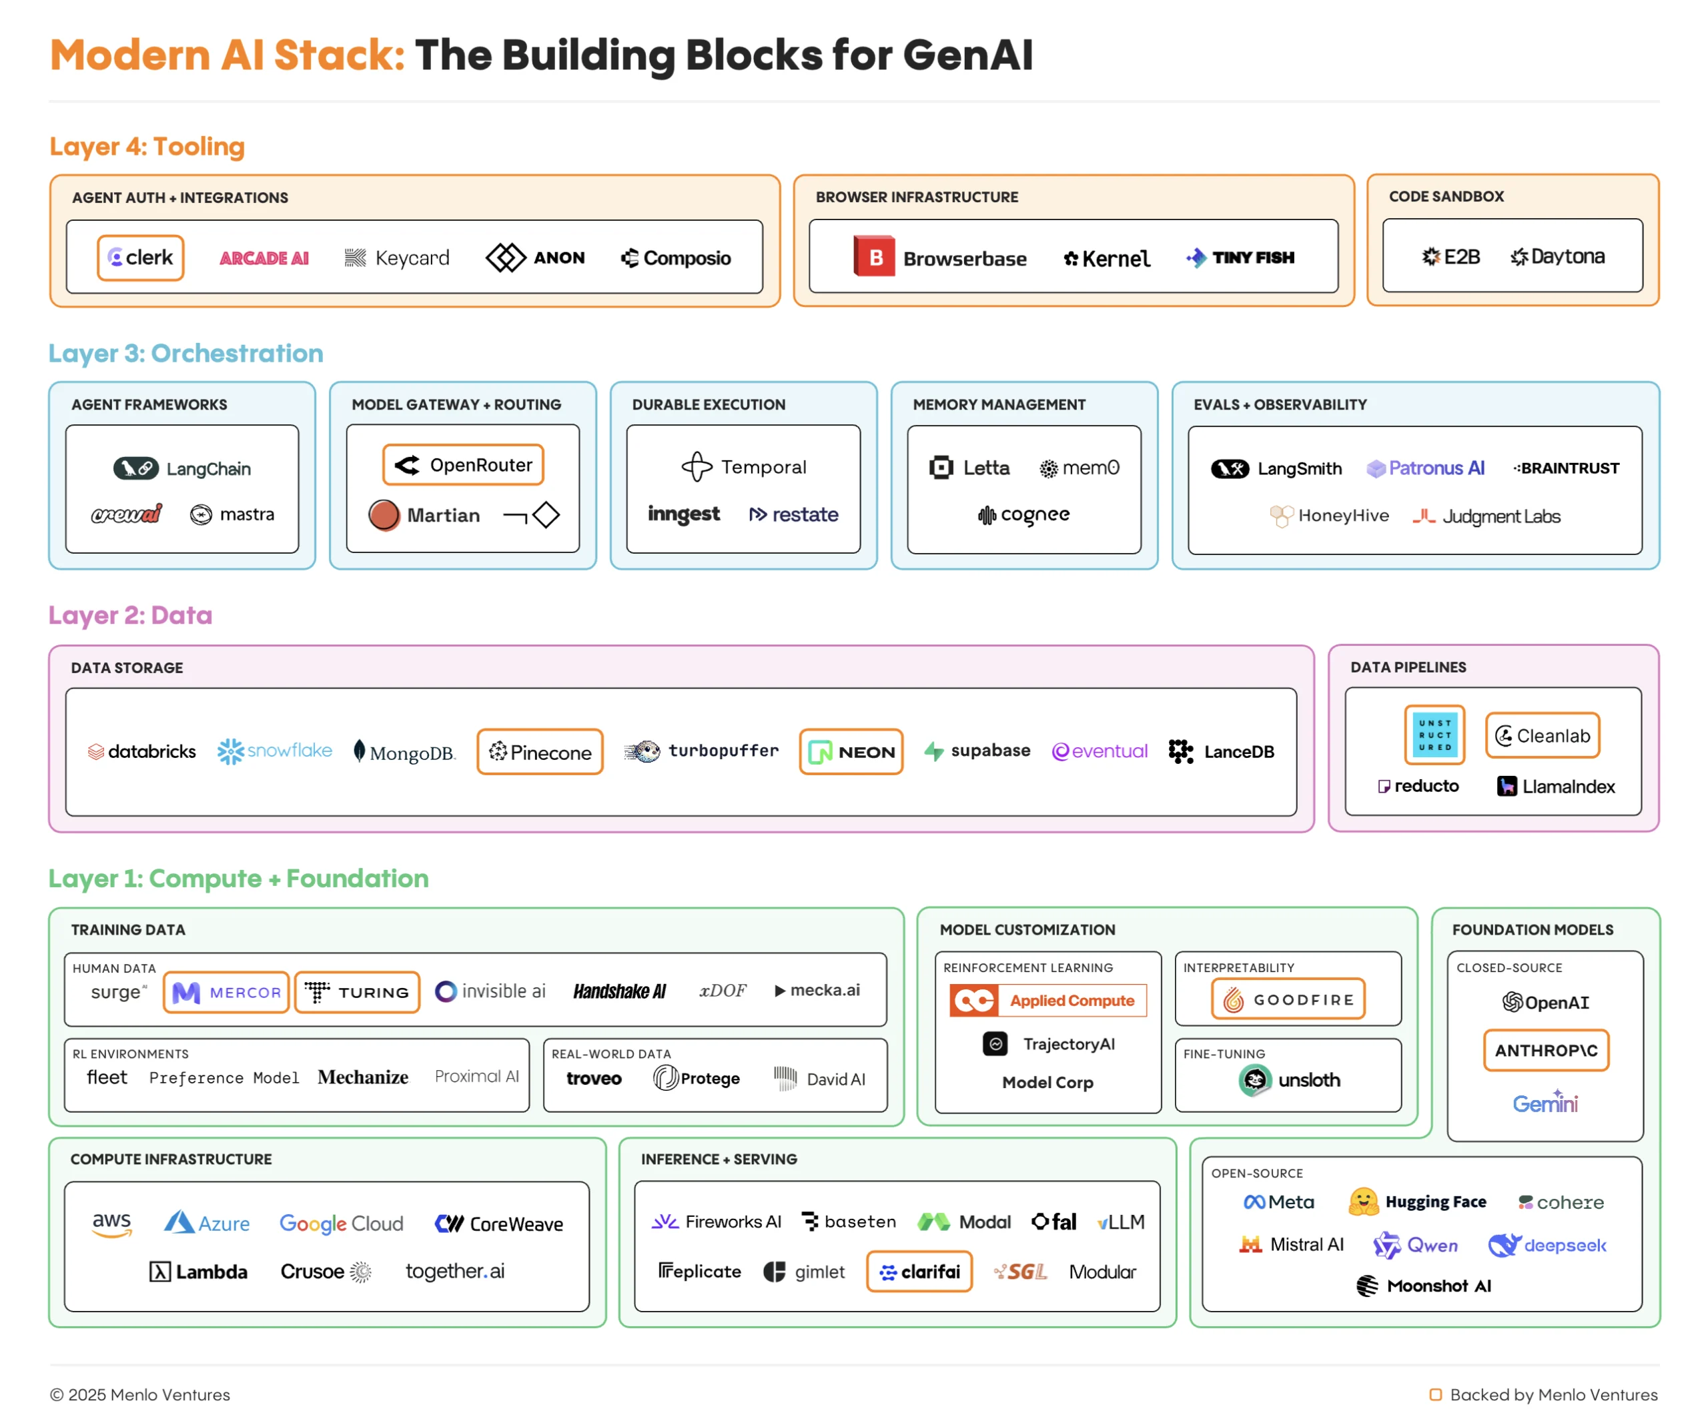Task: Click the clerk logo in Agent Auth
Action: click(141, 258)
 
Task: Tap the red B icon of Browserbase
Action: click(873, 258)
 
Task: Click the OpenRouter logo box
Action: click(463, 465)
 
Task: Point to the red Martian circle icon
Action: click(383, 515)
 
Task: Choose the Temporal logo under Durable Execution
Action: click(743, 467)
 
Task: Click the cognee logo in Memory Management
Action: click(1023, 515)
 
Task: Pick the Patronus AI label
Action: click(1436, 468)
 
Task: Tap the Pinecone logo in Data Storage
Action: click(540, 753)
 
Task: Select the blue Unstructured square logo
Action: click(1434, 735)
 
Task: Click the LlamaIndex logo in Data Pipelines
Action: click(1555, 787)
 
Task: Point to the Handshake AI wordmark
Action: click(619, 991)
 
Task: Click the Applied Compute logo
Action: click(1047, 1001)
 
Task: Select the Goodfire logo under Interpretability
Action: click(1288, 999)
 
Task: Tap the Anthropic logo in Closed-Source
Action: click(1545, 1051)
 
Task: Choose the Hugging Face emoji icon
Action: click(1363, 1202)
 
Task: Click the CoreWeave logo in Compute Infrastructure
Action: click(498, 1224)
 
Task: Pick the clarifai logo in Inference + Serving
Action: click(919, 1272)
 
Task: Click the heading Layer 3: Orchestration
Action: click(185, 353)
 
